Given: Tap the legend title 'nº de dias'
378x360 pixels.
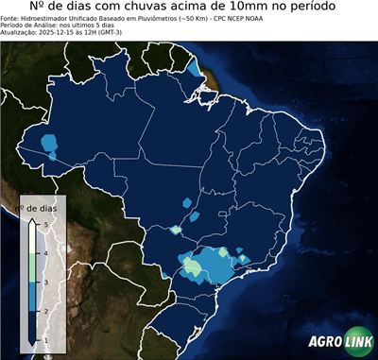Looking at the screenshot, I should pyautogui.click(x=42, y=208).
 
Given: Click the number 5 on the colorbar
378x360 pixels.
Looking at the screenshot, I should pyautogui.click(x=43, y=224).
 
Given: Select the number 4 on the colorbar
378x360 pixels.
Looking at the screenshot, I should pyautogui.click(x=43, y=253).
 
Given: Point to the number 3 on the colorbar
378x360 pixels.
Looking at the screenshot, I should pyautogui.click(x=43, y=282).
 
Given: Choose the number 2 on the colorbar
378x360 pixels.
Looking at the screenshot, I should pyautogui.click(x=43, y=310).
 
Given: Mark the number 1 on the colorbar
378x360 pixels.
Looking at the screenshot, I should pyautogui.click(x=43, y=338).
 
